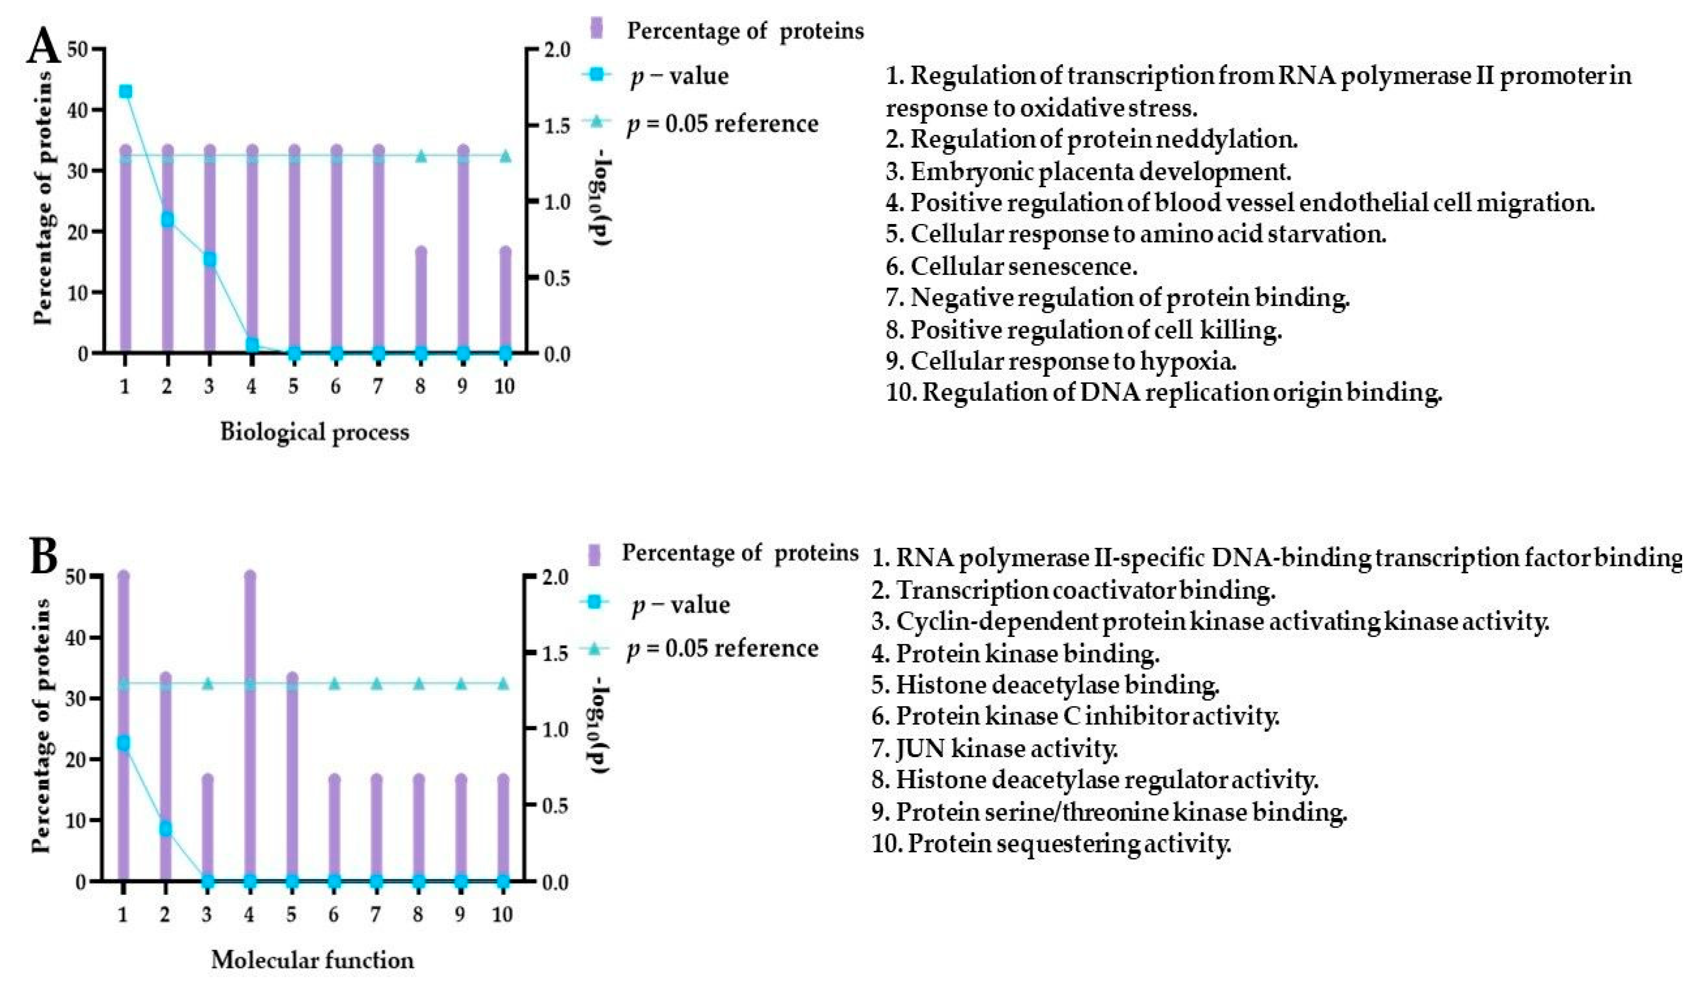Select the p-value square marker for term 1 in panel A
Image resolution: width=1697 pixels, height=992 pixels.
125,91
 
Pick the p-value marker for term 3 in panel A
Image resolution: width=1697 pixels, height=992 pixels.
209,259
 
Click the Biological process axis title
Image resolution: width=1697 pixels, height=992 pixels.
315,432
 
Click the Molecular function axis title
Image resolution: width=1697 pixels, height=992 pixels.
312,960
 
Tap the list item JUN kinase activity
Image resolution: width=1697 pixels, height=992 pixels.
995,748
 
